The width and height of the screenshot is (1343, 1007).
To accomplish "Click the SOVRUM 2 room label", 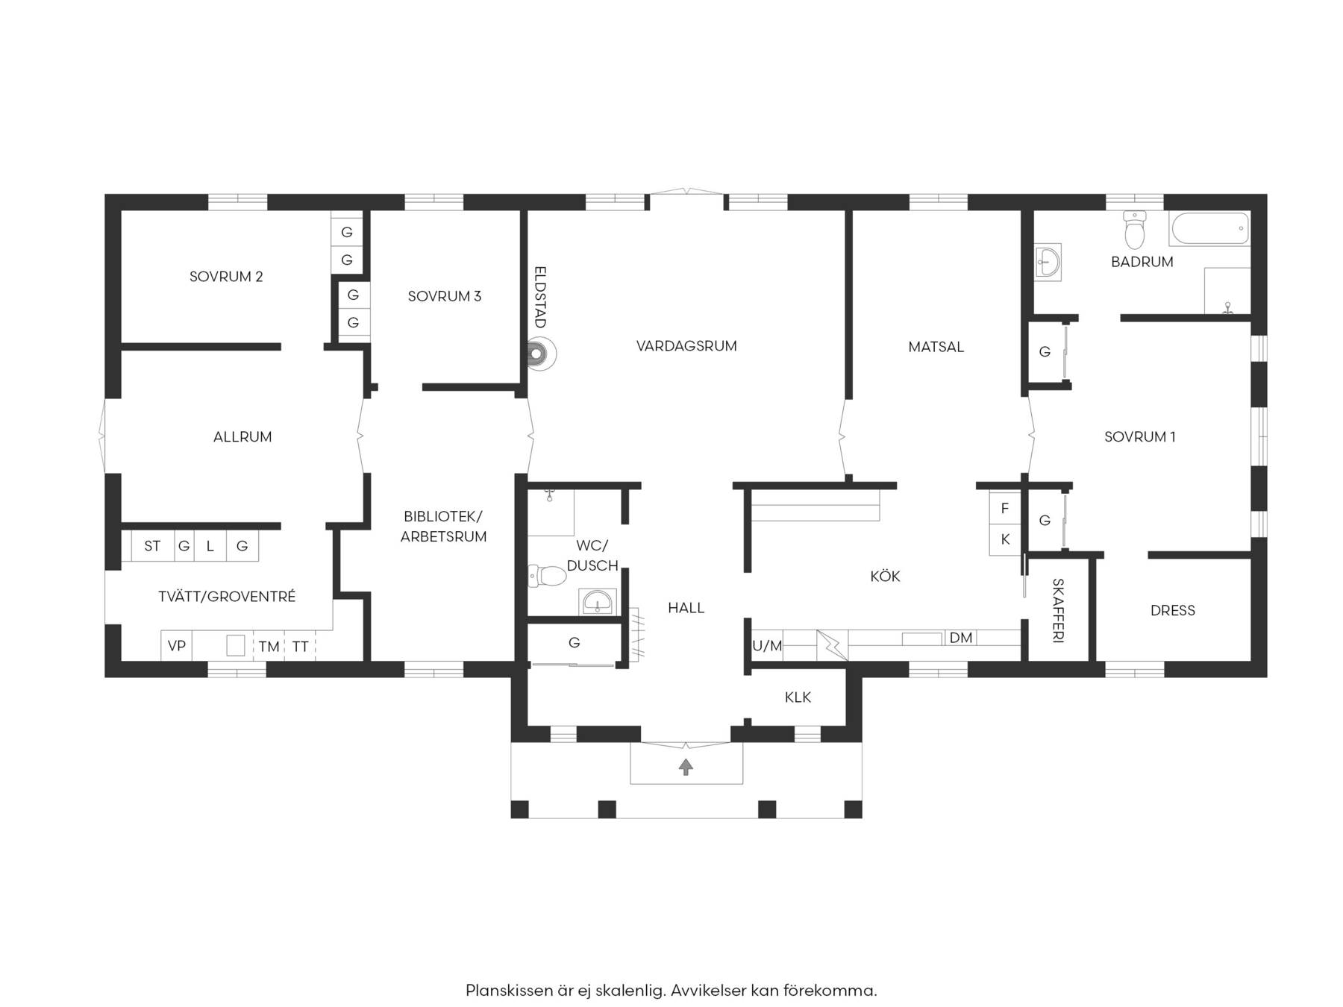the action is (x=226, y=277).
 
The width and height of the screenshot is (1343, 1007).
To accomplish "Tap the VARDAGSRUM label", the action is (x=686, y=346).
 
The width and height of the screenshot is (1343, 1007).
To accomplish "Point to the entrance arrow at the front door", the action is (x=686, y=766).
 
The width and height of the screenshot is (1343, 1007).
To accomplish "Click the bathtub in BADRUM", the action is (x=1209, y=228).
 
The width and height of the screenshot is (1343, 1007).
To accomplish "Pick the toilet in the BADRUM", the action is (x=1134, y=229).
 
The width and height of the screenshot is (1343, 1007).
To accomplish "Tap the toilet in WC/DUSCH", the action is (x=547, y=576).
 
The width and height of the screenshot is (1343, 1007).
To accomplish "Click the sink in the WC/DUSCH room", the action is (x=598, y=601).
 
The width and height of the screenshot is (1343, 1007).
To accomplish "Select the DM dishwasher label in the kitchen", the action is (x=961, y=638).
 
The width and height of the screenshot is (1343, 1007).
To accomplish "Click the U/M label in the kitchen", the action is (x=767, y=646).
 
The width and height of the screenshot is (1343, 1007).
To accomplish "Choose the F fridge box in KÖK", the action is (x=1005, y=508).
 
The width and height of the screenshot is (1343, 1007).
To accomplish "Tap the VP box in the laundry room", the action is (x=177, y=646).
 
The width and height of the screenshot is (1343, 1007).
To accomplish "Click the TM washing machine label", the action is (x=269, y=647).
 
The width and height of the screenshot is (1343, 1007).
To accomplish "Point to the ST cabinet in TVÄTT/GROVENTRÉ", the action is (x=152, y=546).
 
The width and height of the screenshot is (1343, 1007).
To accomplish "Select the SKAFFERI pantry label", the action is (x=1058, y=610).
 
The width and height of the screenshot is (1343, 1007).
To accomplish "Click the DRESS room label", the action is (x=1173, y=611).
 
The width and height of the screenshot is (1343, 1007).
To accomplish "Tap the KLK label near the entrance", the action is (x=798, y=697).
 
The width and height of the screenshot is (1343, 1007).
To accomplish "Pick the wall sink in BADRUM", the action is (x=1048, y=262).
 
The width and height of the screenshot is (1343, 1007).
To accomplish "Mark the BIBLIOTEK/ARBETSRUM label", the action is (x=443, y=527).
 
